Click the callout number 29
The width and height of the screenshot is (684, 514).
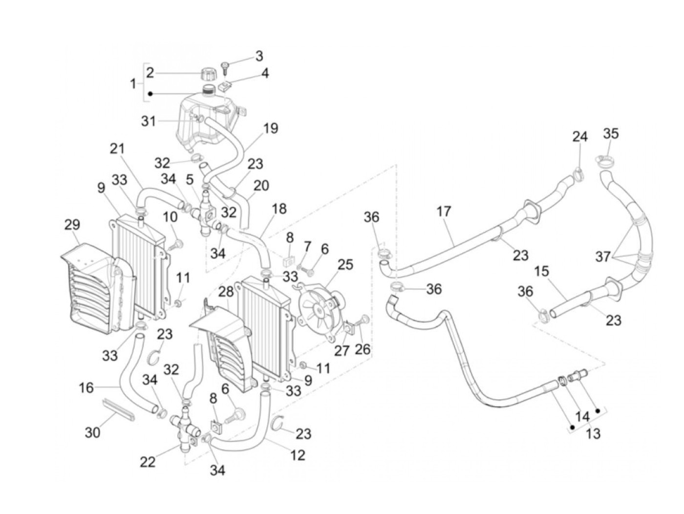72,225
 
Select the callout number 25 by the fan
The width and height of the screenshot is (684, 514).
345,265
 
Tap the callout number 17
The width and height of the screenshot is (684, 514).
444,212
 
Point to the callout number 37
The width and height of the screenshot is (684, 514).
603,257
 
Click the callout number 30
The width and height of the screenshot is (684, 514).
92,432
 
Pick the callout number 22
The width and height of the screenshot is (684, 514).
148,462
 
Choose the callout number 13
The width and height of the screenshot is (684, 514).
593,433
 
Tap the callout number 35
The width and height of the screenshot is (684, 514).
611,133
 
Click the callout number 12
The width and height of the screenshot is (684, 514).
298,455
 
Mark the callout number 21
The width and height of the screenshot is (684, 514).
117,149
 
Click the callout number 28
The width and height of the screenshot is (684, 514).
226,292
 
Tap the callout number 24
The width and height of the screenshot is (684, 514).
580,137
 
